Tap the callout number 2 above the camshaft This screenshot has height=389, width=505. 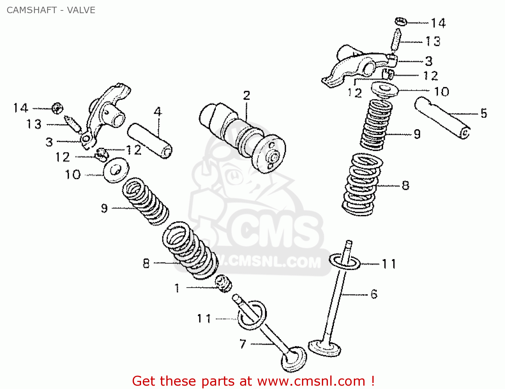[246, 95]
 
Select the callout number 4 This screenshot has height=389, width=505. [158, 112]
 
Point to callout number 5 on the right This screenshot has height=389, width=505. [483, 113]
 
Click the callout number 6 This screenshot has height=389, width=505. [374, 294]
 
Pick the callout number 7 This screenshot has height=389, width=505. [243, 344]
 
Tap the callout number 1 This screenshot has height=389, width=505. [177, 288]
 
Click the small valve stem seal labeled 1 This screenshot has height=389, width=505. [224, 283]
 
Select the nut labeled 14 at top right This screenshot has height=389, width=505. [401, 22]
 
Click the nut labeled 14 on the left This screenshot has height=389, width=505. [57, 109]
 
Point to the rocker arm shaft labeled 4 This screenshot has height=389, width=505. [150, 141]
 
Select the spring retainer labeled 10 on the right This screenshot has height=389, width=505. [384, 89]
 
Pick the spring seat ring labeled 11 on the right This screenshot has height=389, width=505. [345, 262]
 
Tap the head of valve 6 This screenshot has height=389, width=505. [324, 348]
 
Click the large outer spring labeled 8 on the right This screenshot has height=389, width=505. [362, 184]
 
